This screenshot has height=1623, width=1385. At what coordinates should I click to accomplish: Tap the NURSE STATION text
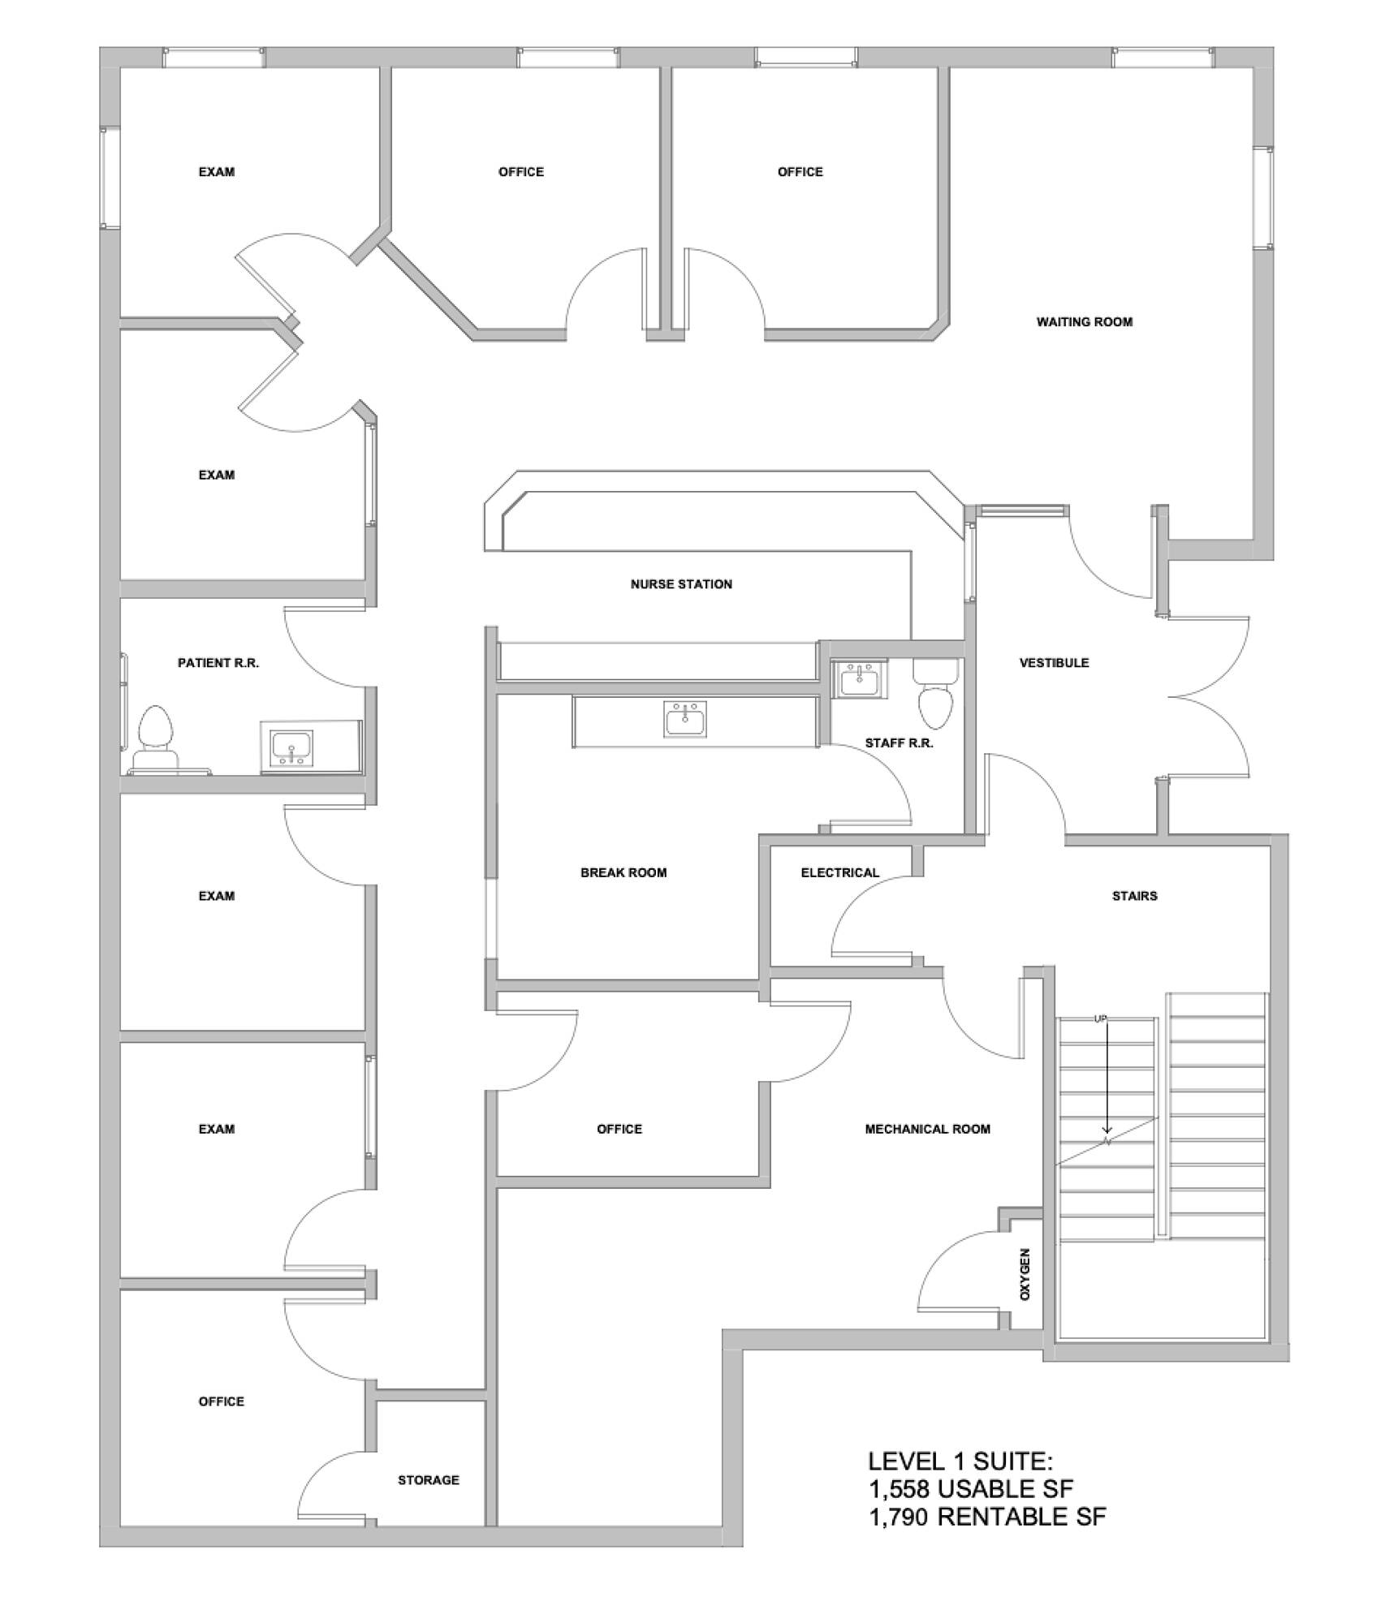coord(681,584)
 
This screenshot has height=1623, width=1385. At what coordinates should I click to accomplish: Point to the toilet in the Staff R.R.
coord(936,695)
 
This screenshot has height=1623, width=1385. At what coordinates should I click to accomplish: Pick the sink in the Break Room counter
coord(685,719)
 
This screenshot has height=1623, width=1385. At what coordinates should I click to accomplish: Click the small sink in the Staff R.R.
coord(859,679)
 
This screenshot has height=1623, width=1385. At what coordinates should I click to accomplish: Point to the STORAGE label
coord(429,1480)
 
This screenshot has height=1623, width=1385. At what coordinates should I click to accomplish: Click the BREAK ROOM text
coord(623,873)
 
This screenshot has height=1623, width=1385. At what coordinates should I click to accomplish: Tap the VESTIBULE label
coord(1054,663)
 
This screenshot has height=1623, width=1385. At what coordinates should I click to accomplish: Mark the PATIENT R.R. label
coord(218,663)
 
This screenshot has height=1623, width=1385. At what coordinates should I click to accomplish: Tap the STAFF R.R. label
coord(899,743)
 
